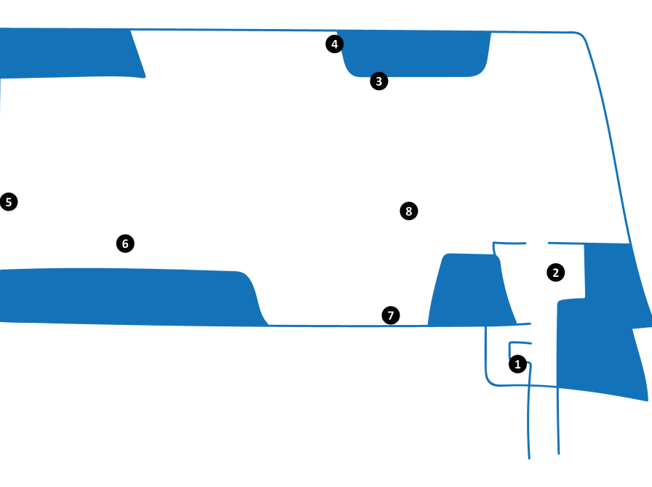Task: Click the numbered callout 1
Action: point(517,363)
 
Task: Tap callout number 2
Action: point(555,273)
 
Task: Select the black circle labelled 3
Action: point(378,81)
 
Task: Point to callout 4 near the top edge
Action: point(334,44)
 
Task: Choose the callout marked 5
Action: point(8,202)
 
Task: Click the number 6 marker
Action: point(125,243)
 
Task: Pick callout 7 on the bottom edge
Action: point(391,315)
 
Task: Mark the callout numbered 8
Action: point(409,211)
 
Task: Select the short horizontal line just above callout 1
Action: point(521,343)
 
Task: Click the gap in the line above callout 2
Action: point(536,243)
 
